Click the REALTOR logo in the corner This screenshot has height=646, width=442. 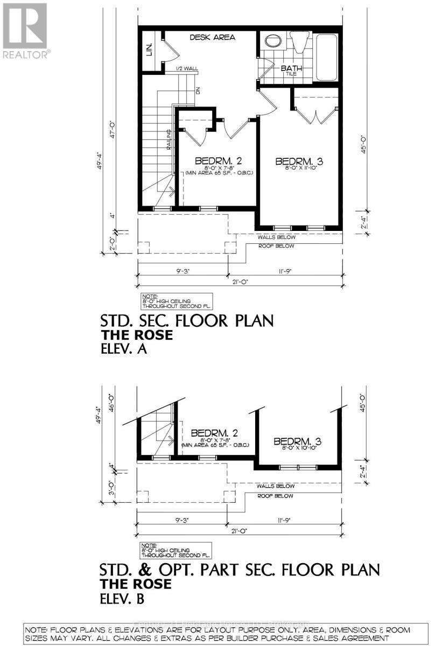click(x=25, y=30)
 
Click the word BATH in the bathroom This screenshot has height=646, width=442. click(x=291, y=68)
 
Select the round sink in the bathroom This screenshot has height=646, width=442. click(x=272, y=41)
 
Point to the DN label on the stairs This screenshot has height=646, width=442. click(x=198, y=91)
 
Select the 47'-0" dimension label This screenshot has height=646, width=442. click(x=113, y=134)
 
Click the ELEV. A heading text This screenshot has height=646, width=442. click(x=124, y=349)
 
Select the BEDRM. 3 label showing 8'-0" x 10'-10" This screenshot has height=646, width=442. click(x=297, y=442)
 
